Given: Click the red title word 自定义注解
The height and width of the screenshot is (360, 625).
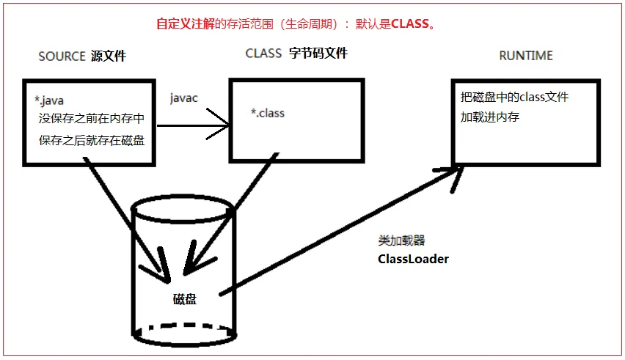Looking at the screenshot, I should (x=185, y=23).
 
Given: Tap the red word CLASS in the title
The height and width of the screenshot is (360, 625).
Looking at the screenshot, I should (x=410, y=23).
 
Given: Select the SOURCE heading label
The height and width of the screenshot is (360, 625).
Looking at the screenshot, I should (x=62, y=56).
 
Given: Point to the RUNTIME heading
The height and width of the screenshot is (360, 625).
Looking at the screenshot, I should (x=525, y=56).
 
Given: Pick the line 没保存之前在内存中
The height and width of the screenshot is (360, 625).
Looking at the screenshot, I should (x=91, y=118).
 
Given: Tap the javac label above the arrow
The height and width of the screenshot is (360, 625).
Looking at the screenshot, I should (x=183, y=98).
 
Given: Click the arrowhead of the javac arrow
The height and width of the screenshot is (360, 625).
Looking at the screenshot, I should (x=224, y=125).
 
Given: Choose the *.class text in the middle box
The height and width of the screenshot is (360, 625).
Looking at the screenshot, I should (x=267, y=114).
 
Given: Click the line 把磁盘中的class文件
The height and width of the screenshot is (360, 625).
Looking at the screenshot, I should (x=514, y=97).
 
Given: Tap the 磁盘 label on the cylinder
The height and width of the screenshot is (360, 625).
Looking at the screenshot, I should (x=184, y=298).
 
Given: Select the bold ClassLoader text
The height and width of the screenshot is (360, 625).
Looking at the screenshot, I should (x=413, y=259).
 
